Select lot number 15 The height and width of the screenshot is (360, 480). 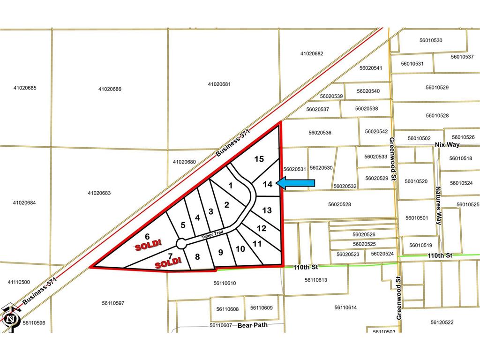tap(259, 159)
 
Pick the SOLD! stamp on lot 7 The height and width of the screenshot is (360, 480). tap(168, 264)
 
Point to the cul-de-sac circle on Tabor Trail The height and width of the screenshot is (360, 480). tap(181, 243)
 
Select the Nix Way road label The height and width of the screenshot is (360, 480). tap(447, 144)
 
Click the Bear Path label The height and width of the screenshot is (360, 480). tap(252, 325)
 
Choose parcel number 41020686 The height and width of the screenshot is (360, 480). tap(110, 89)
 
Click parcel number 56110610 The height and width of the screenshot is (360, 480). tap(225, 283)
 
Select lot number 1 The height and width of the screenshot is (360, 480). tap(230, 186)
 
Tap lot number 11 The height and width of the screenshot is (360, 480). tap(257, 244)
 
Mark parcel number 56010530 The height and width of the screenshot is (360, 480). tap(431, 40)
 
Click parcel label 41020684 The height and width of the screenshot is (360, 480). tap(25, 203)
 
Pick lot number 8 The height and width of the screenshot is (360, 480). tap(197, 256)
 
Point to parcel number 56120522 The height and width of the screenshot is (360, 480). tap(442, 322)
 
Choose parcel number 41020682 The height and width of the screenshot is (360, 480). tap(312, 54)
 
